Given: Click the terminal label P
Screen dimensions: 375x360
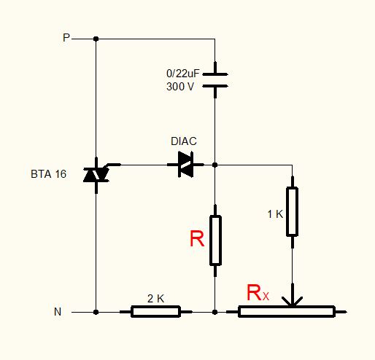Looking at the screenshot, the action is tap(66, 38).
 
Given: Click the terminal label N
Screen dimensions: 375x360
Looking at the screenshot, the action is tap(58, 312).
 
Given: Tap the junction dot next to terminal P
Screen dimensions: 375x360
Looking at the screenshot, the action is tap(96, 39).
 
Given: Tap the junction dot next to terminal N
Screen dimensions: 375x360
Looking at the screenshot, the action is tap(96, 312).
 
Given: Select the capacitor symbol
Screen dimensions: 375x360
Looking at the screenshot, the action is tap(215, 80).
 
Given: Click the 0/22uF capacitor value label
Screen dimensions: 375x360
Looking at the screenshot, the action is tap(182, 74).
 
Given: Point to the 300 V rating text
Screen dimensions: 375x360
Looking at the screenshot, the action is tap(180, 87).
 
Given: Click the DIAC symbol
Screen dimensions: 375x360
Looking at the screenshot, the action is tap(186, 165).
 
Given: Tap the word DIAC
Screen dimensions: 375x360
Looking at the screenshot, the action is tap(184, 141).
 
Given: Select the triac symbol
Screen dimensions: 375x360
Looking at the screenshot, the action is tap(96, 175).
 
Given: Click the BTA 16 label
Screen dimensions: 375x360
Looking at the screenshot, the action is tap(48, 174).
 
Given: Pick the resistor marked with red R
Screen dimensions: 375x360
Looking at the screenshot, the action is tap(215, 240).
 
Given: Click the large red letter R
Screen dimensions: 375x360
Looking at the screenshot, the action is tap(197, 239).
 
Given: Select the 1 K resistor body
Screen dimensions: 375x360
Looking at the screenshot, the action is tap(292, 211).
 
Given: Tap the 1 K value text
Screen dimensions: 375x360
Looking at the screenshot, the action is tap(275, 214).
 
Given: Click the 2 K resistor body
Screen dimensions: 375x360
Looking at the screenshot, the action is tap(155, 312).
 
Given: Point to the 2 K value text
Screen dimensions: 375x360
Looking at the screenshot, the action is tap(155, 299).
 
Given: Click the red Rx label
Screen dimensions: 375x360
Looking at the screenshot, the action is tap(258, 293).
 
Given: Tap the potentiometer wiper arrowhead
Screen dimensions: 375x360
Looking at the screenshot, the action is tap(293, 302).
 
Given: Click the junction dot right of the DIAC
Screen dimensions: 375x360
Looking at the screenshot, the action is tap(214, 165).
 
